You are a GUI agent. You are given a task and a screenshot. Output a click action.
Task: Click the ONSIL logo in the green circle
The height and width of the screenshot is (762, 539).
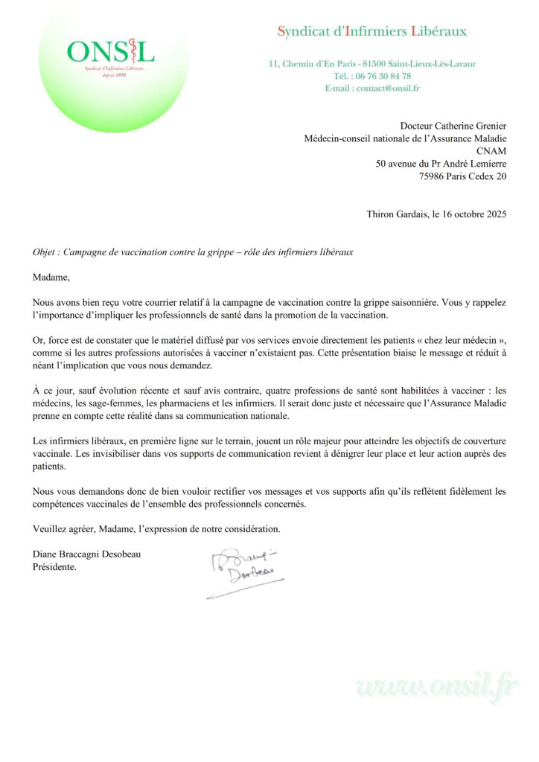(x=110, y=53)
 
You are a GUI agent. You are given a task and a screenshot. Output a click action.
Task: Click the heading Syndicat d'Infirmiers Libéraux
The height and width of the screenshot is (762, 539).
(x=372, y=31)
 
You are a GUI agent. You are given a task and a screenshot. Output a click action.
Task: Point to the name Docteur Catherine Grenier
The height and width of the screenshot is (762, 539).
(x=453, y=126)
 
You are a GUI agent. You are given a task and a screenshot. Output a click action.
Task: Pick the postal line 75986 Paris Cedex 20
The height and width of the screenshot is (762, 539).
(x=463, y=176)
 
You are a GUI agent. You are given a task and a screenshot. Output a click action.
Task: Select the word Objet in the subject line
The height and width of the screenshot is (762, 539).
(x=45, y=252)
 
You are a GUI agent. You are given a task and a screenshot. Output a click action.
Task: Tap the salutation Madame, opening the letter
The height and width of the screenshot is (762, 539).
(x=50, y=278)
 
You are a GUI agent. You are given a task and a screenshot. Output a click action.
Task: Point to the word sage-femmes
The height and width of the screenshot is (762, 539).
(x=101, y=404)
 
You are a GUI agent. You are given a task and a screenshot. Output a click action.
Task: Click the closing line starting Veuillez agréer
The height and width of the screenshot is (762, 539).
(x=156, y=530)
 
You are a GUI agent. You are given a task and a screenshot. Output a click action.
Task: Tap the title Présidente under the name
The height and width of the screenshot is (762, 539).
(x=54, y=568)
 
